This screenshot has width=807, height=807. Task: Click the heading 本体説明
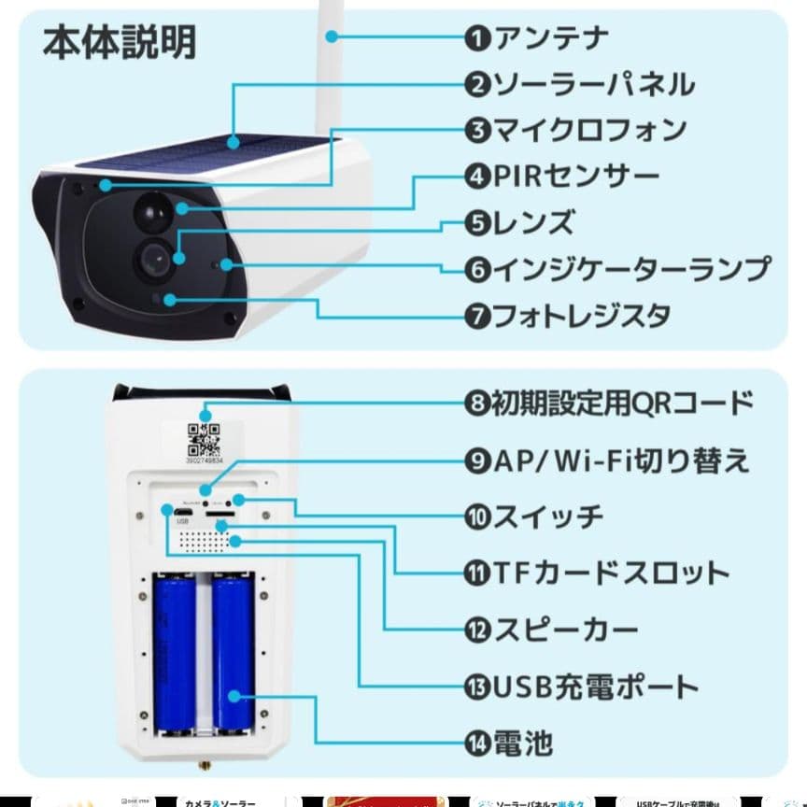[120, 43]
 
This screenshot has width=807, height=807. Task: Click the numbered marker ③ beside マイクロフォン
[478, 130]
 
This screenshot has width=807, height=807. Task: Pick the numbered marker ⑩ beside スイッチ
[478, 517]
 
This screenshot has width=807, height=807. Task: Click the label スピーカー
[566, 630]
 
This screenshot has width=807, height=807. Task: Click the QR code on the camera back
[205, 437]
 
